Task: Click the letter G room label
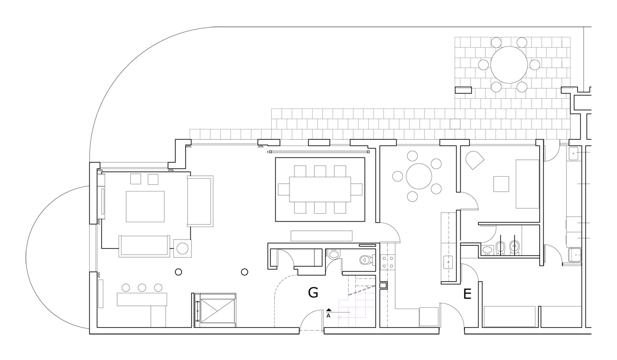313,292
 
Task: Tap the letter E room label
467,294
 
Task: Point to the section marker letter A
328,316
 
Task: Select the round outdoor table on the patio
508,64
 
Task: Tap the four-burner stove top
387,262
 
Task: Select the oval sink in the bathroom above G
334,254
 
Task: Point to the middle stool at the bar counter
142,288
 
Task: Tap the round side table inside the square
182,248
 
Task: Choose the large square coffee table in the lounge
145,206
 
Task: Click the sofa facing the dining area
200,201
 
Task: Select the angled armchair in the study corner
475,160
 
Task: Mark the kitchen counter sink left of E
448,262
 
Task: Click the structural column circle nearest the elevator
244,272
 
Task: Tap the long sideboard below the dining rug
322,236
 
